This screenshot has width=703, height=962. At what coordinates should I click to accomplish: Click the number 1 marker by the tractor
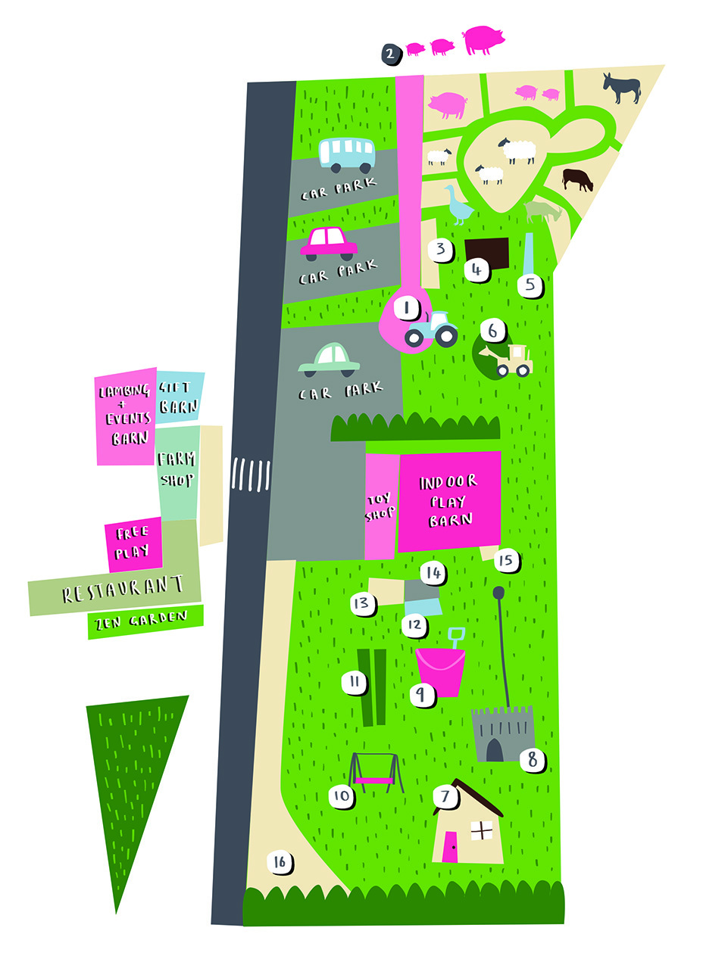(407, 309)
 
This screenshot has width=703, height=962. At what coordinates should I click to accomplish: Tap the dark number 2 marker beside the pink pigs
(390, 54)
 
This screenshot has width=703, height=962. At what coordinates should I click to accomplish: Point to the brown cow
(577, 179)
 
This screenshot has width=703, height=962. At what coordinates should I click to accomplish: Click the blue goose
(458, 205)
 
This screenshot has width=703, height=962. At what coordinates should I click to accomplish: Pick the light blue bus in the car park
(346, 154)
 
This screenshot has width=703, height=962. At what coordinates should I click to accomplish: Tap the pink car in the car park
(329, 242)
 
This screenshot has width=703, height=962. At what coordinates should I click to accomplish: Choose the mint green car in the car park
(330, 360)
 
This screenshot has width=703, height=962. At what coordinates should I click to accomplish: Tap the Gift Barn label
(179, 395)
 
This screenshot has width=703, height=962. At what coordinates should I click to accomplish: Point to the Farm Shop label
(177, 469)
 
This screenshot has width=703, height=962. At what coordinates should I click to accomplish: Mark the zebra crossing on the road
(251, 475)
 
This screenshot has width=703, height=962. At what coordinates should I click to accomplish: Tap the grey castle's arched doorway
(494, 749)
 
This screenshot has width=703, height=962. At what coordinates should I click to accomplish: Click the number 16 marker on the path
(280, 861)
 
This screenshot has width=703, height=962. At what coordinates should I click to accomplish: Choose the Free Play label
(133, 542)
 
